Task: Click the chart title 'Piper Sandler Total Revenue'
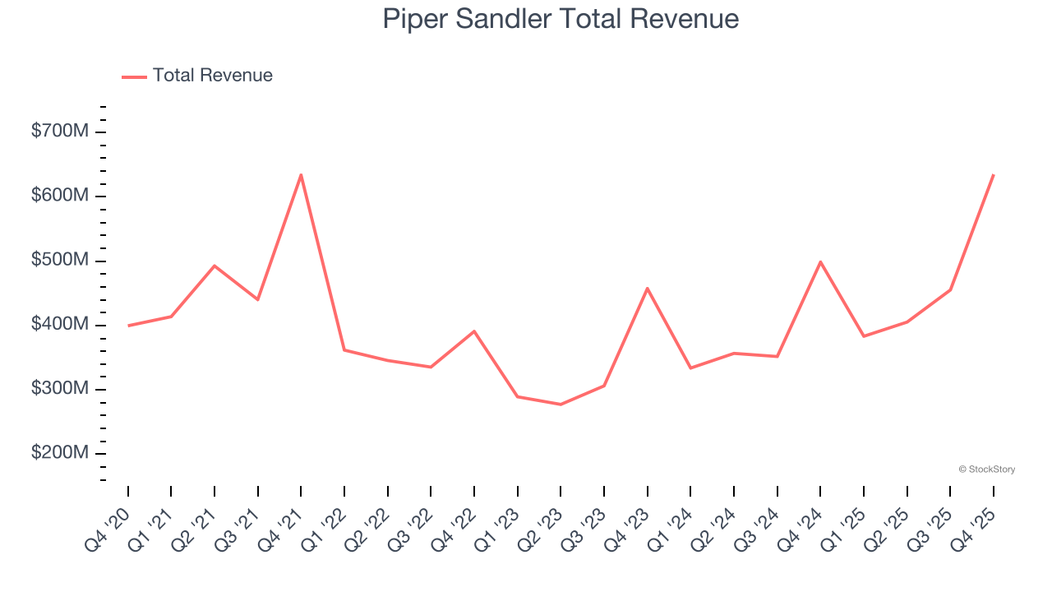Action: click(x=561, y=19)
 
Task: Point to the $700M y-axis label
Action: click(x=59, y=132)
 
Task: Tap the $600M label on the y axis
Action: click(x=59, y=196)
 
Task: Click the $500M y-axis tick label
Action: click(x=59, y=260)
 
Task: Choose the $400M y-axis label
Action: click(x=59, y=324)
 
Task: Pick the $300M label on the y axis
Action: click(x=59, y=388)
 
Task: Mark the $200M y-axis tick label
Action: click(x=59, y=453)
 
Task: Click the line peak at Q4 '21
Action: click(x=301, y=175)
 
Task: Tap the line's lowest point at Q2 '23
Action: click(x=561, y=405)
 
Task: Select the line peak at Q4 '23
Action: click(x=648, y=288)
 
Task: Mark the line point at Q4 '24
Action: click(x=820, y=261)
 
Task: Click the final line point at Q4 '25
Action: click(x=993, y=175)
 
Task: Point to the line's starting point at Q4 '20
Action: click(x=128, y=326)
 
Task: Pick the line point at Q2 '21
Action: click(x=215, y=266)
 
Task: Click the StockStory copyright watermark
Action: click(x=986, y=469)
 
